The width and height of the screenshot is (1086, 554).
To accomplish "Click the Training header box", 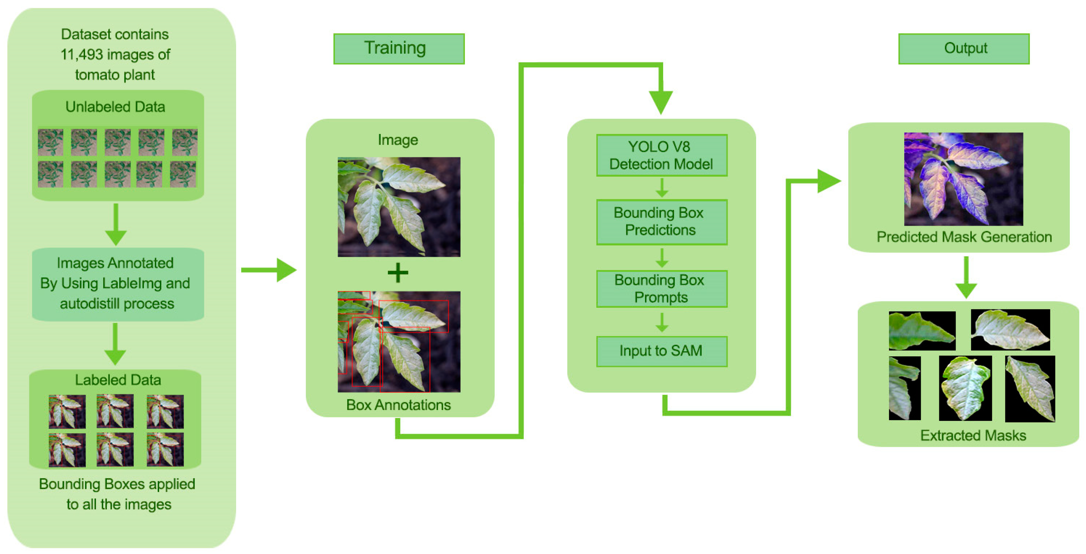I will tap(398, 49).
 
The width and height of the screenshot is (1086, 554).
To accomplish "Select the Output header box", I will tap(963, 49).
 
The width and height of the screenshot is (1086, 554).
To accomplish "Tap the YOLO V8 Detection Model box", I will tap(661, 155).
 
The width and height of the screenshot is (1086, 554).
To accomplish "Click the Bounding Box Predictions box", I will tap(661, 222).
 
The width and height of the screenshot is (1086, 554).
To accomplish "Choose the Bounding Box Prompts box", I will tap(661, 289).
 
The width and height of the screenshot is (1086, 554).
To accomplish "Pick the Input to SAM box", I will tap(661, 351).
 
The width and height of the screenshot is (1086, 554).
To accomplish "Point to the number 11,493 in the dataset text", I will tap(81, 54).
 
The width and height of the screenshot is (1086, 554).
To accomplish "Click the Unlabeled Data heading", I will tap(115, 107).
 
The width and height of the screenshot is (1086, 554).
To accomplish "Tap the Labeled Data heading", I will tap(118, 380).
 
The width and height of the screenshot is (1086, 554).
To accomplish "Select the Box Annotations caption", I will tap(398, 405).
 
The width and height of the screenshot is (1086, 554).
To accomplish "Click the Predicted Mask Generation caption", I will tap(964, 237).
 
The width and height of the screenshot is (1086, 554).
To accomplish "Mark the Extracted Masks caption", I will tap(973, 435).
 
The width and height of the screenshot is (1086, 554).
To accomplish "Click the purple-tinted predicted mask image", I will tap(963, 179).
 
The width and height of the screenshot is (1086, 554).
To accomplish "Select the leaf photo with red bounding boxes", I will tap(398, 342).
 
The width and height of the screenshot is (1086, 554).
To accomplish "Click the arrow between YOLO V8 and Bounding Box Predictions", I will tap(662, 188).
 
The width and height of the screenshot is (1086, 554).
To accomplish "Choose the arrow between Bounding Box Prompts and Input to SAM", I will tap(662, 322).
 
